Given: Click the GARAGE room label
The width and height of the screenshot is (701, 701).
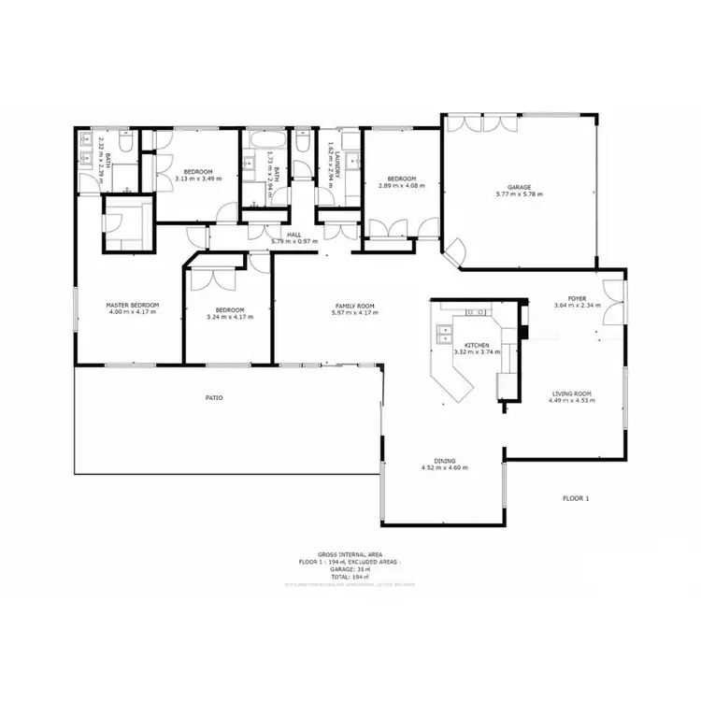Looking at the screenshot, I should tap(519, 187).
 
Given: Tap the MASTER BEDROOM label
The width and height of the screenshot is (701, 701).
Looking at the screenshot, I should tap(132, 305).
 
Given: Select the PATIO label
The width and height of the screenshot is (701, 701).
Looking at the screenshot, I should tap(214, 397).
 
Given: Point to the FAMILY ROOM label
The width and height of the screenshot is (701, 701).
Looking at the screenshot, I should tap(355, 306).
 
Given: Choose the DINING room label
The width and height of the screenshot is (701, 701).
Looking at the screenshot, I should tap(444, 460).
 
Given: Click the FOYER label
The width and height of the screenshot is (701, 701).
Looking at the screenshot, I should tap(576, 298).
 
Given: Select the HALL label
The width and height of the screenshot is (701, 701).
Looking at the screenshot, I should tap(294, 235).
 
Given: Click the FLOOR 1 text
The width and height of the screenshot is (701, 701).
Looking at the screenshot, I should tap(576, 498).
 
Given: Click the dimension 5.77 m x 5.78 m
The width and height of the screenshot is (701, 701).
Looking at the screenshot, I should tap(519, 194).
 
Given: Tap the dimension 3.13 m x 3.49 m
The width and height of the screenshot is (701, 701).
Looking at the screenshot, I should tap(198, 178).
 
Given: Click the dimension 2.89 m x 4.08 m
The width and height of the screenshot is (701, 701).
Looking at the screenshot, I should tap(402, 185).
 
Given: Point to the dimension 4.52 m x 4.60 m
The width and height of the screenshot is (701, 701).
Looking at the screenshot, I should tap(444, 467).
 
